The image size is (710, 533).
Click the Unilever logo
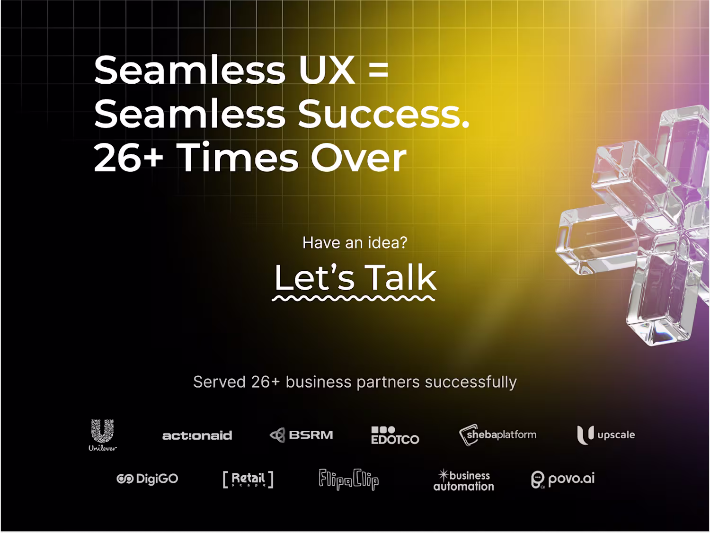103,435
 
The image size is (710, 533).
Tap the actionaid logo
197,435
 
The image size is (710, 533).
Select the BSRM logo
301,435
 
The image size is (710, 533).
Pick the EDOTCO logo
395,435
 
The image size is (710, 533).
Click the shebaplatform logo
497,435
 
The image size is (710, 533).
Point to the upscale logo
606,435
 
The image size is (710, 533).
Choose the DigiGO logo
147,479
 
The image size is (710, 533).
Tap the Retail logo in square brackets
248,480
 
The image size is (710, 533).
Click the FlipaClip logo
348,480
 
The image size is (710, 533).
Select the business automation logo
463,480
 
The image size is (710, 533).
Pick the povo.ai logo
563,480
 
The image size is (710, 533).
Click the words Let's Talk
355,277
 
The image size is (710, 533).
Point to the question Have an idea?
355,242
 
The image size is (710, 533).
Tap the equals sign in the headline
379,71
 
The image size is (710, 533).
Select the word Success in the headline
383,114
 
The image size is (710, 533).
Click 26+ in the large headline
128,158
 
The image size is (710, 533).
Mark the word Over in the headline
358,158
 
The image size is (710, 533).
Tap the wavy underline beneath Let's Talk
353,298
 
